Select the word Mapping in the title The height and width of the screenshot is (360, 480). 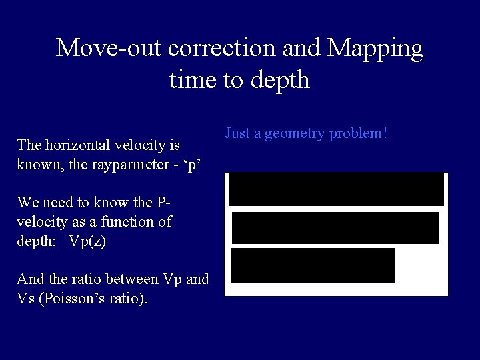(375, 48)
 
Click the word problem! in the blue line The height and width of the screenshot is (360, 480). (358, 133)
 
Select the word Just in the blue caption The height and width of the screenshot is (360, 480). (237, 133)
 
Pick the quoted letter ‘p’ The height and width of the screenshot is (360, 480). (194, 164)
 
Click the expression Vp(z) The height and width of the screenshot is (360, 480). (87, 241)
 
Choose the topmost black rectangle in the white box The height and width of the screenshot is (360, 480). (336, 189)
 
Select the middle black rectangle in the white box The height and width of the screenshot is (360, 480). (335, 228)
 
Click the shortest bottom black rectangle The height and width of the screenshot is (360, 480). (313, 265)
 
